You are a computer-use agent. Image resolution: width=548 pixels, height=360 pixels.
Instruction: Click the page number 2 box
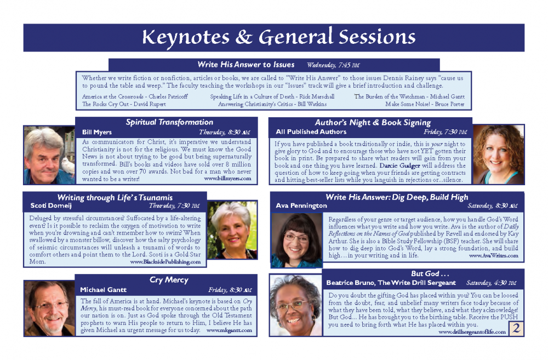[x=517, y=328]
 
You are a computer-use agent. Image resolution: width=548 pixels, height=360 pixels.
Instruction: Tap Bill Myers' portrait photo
[x=49, y=155]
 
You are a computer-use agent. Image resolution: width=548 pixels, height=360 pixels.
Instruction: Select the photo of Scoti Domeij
[x=232, y=230]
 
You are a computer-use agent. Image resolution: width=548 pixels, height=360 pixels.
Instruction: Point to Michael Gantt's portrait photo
[x=49, y=308]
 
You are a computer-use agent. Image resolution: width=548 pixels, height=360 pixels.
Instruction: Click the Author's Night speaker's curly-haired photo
[x=498, y=155]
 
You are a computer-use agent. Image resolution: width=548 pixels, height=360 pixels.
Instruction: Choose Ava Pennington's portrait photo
[x=296, y=241]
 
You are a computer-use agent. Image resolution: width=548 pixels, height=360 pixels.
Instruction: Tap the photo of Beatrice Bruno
[x=296, y=305]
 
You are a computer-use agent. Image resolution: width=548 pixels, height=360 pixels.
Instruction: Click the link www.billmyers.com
[x=227, y=179]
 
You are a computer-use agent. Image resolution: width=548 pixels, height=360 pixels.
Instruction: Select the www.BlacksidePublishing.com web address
[x=165, y=262]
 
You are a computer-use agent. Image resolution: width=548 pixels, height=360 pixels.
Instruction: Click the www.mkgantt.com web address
[x=229, y=330]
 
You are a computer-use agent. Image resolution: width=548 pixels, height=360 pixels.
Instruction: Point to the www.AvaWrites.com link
[x=494, y=255]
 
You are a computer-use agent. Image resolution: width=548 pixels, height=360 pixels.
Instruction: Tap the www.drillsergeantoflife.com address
[x=472, y=332]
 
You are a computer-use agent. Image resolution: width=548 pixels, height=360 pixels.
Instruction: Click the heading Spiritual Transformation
[x=169, y=122]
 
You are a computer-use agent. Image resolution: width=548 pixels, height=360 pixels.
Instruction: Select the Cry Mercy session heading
[x=169, y=279]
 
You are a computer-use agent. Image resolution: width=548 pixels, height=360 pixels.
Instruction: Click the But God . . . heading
[x=430, y=273]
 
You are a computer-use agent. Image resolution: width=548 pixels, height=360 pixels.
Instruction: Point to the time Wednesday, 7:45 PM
[x=333, y=65]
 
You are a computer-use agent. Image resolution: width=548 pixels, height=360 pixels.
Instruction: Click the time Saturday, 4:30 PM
[x=491, y=283]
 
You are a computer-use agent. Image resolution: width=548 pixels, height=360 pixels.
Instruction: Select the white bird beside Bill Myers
[x=67, y=165]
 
